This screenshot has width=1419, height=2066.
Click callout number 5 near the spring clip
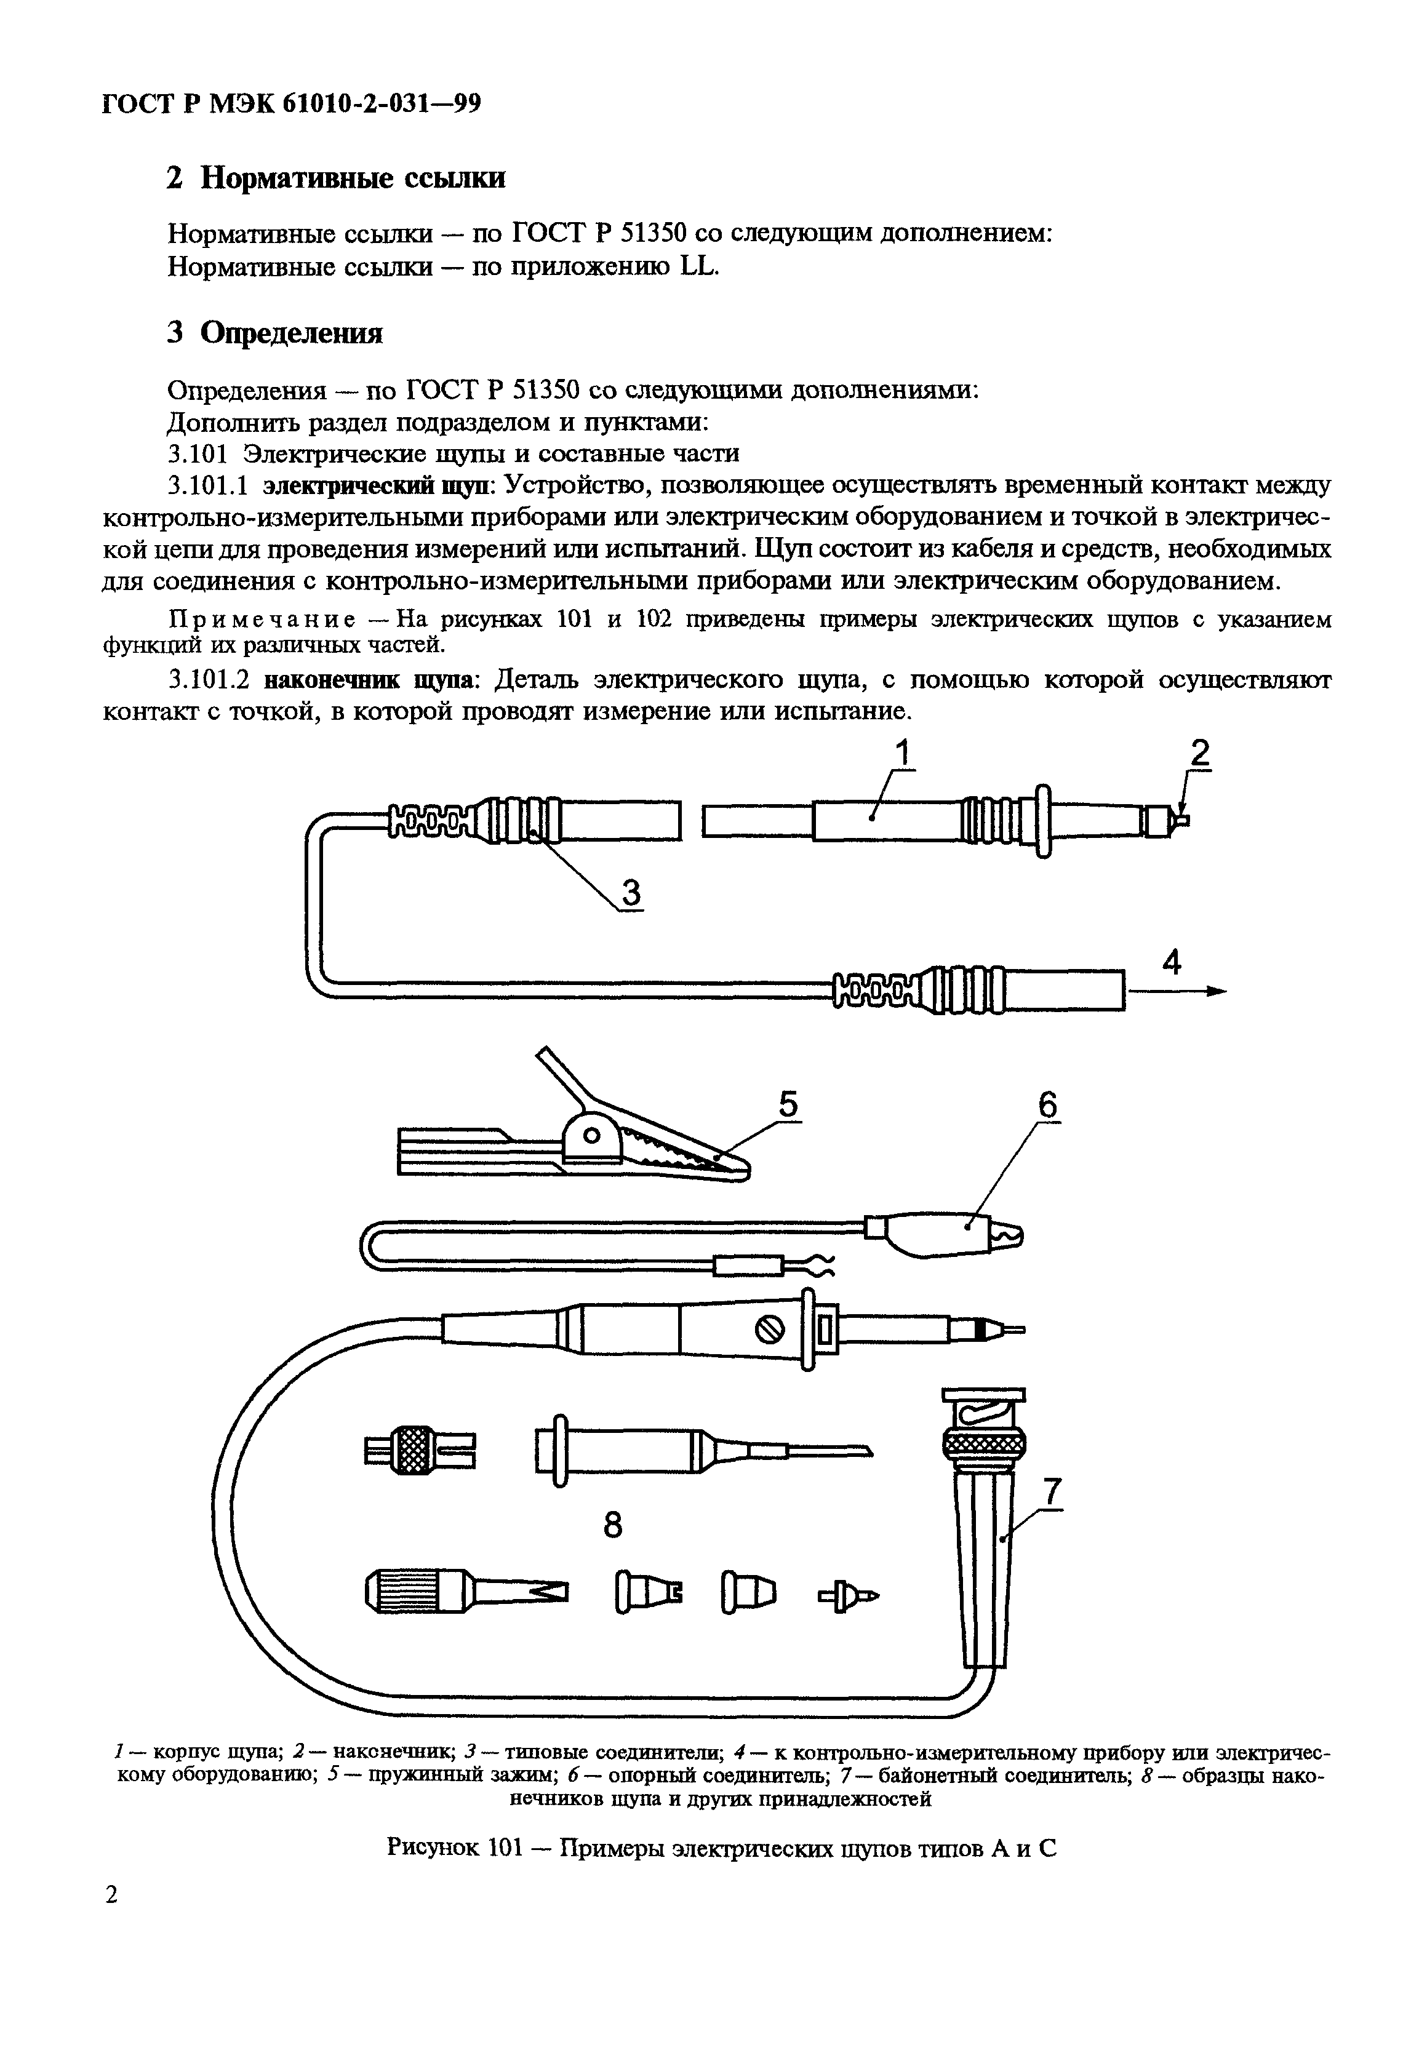pos(788,1105)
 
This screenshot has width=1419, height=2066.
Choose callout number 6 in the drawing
pos(1048,1105)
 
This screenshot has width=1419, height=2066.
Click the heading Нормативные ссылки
pos(352,178)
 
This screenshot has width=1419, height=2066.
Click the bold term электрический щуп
pos(380,485)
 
